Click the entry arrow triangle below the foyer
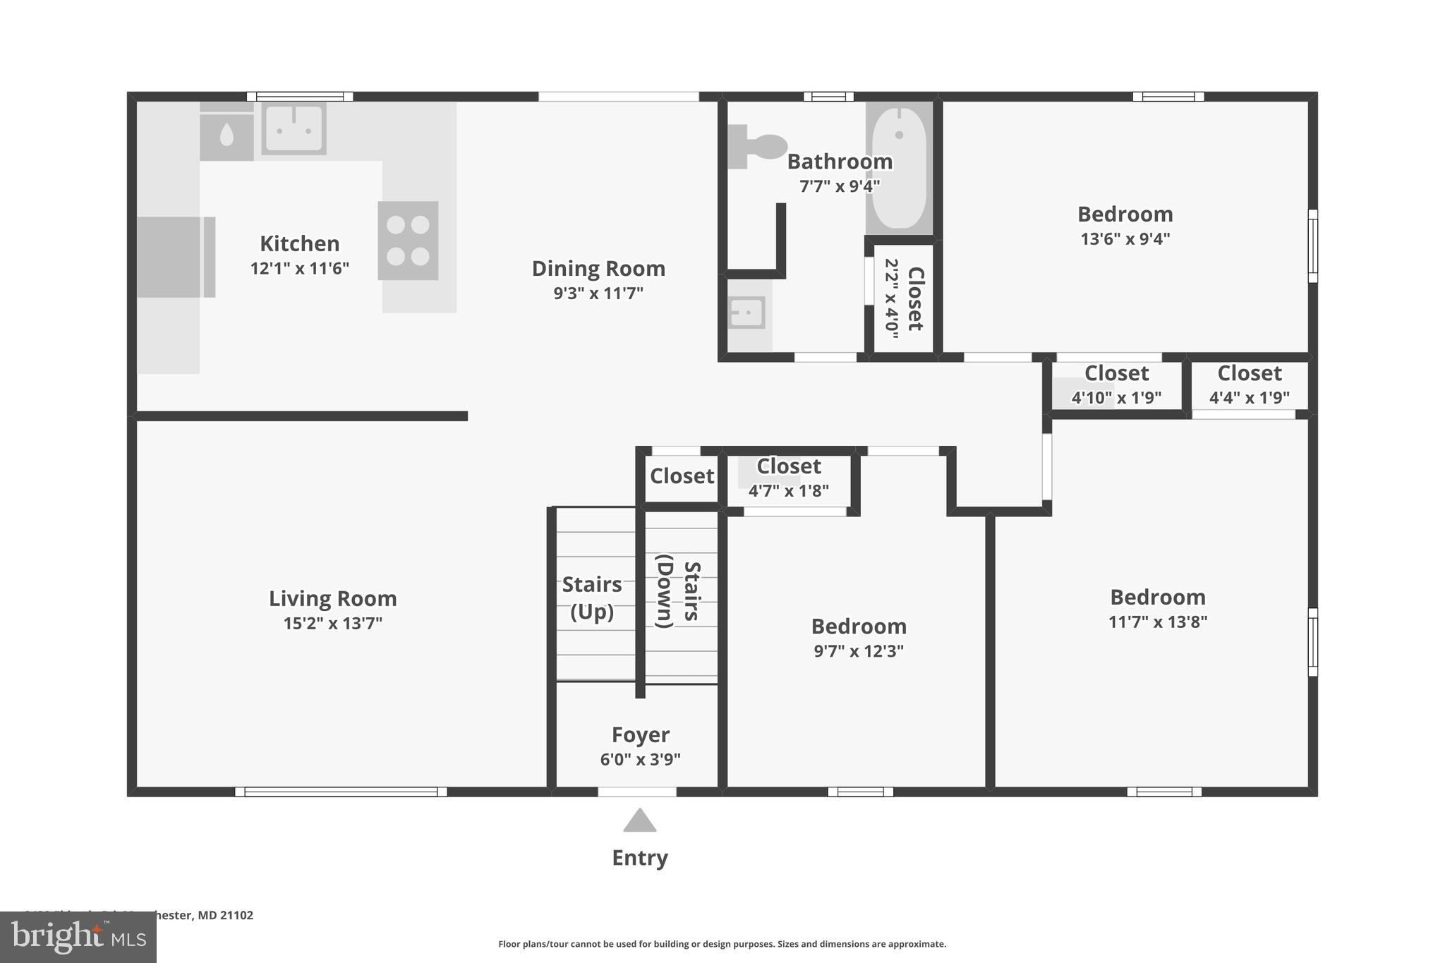pos(639,820)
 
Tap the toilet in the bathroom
pos(758,147)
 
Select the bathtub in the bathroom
pos(899,168)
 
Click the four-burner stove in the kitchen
pos(408,241)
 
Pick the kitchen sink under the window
pos(294,128)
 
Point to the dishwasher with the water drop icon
pos(226,135)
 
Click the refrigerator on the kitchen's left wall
pos(174,257)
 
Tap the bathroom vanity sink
pos(746,313)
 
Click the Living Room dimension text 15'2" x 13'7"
pos(332,623)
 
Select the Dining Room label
pos(598,268)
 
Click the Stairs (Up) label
pos(591,598)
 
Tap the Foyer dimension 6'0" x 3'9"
pos(640,760)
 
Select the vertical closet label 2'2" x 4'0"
pos(892,298)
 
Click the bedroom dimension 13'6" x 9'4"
pos(1125,239)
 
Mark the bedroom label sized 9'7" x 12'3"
pos(859,626)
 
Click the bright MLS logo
pos(78,937)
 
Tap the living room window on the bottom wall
pos(341,792)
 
